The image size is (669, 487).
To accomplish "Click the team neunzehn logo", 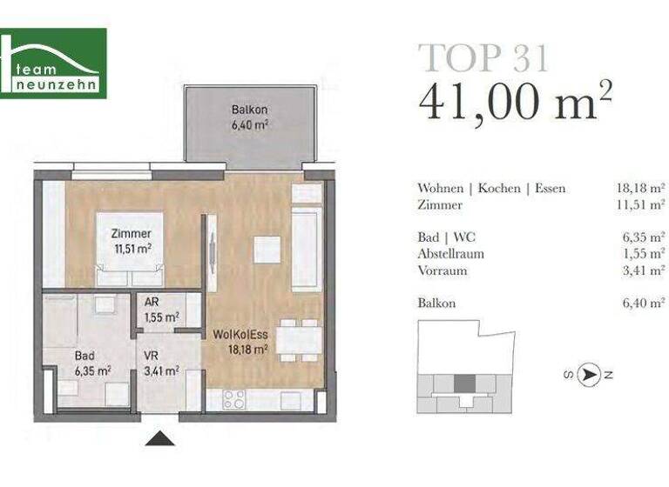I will point(53,63).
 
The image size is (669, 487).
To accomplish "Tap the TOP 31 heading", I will point(483,57).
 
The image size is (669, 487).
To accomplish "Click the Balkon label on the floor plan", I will point(249,117).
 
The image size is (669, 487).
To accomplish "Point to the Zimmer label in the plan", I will point(132,240).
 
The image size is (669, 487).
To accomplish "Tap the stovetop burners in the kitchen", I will point(233,399).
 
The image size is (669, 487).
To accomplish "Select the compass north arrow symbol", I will point(591,375).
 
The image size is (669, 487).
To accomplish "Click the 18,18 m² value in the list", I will point(639,188).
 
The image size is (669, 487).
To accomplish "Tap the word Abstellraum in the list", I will point(450,253).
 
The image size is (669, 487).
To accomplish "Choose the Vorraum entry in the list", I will point(443,270).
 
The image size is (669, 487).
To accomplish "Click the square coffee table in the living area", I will point(267,250).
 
